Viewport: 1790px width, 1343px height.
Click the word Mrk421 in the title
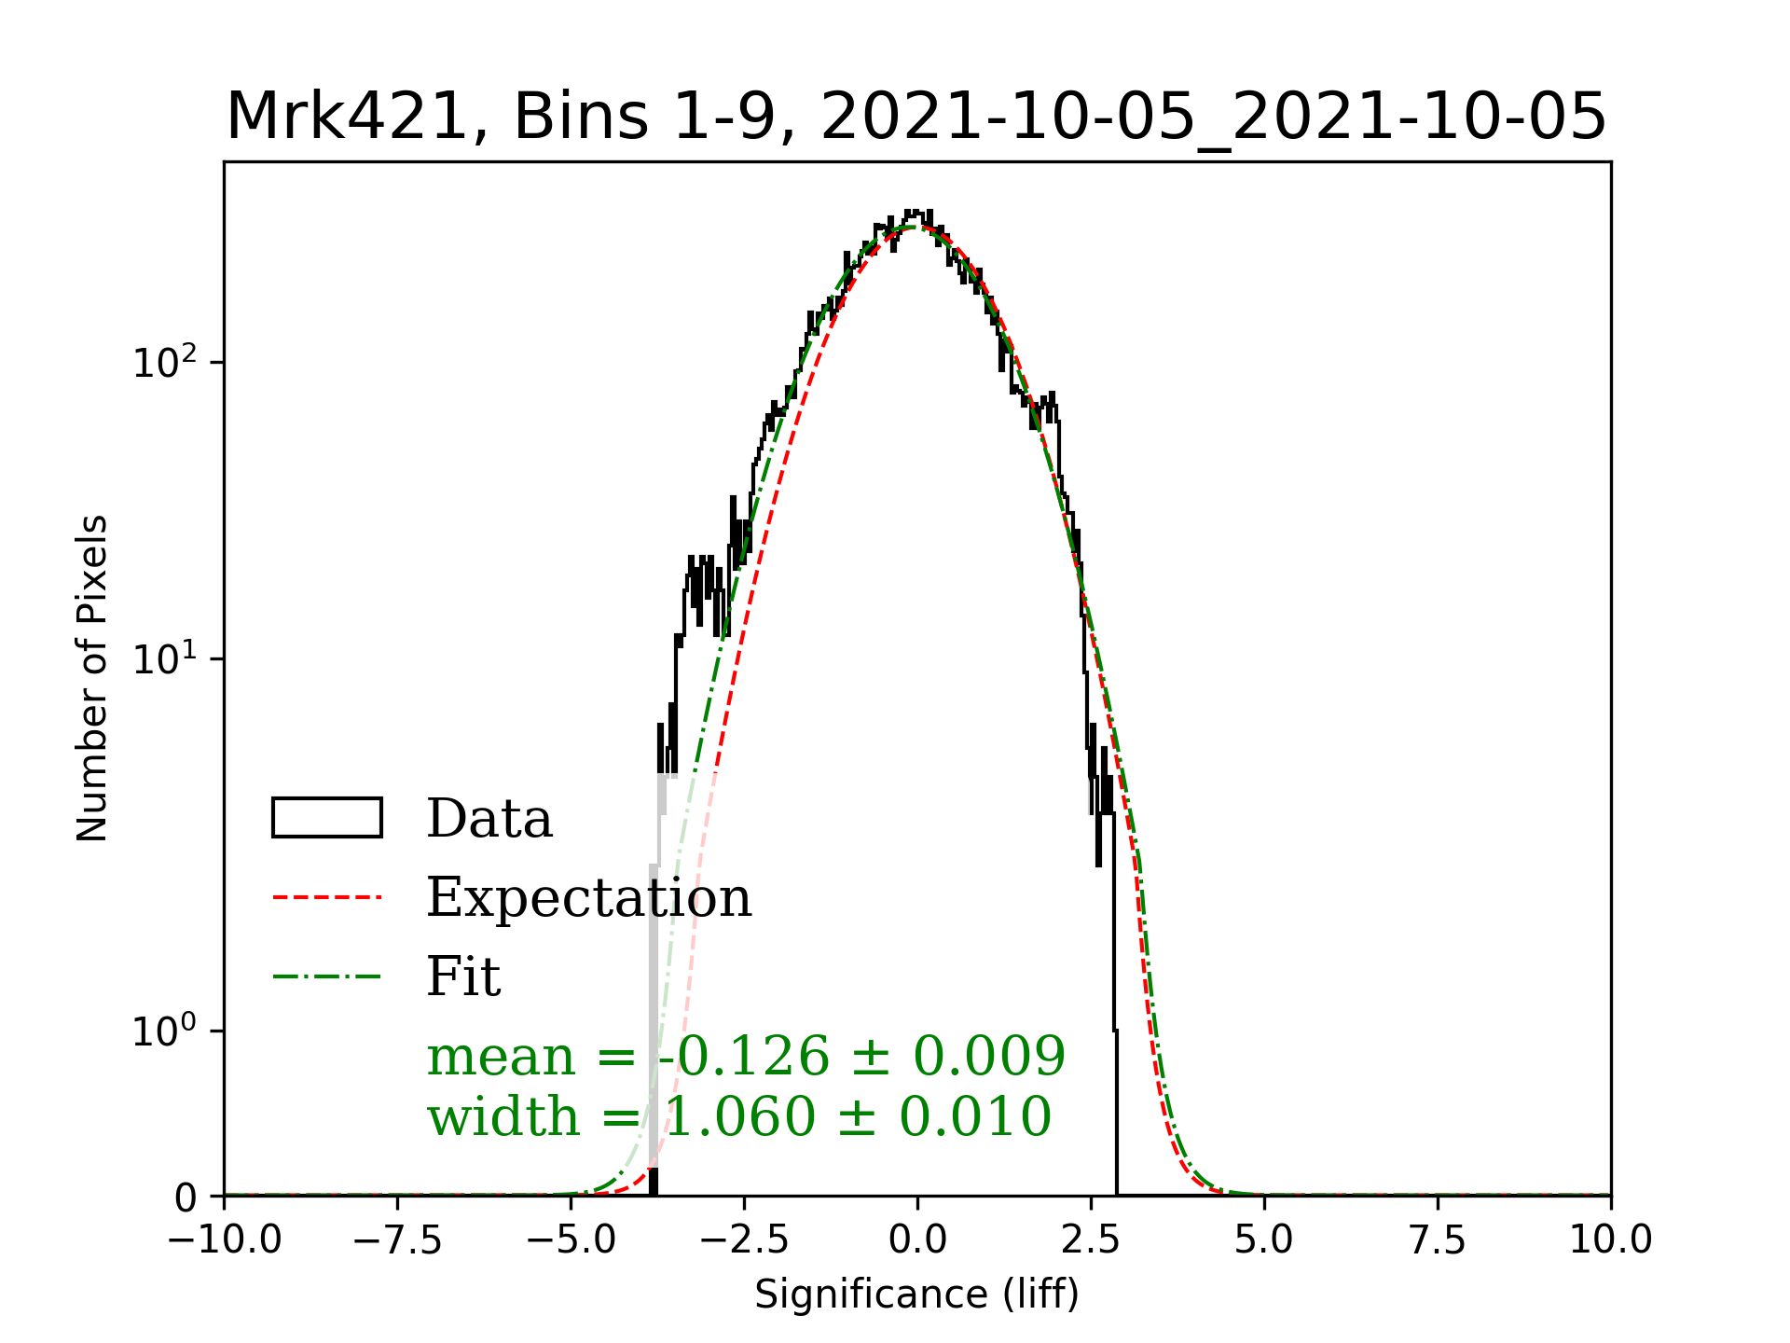tap(346, 118)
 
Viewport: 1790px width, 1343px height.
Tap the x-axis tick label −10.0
tap(225, 1240)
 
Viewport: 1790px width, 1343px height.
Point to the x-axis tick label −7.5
tap(398, 1240)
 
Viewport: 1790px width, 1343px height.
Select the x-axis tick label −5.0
tap(571, 1240)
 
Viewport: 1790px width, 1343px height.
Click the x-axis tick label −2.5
tap(744, 1240)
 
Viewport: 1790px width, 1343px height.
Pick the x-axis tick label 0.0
tap(917, 1240)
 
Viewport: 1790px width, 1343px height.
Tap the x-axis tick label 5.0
tap(1264, 1240)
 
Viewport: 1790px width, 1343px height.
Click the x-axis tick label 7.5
tap(1438, 1240)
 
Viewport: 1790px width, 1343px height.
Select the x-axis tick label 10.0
tap(1611, 1240)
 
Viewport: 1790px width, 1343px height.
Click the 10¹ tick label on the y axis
tap(165, 658)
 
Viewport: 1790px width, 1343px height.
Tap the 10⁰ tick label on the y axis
tap(165, 1031)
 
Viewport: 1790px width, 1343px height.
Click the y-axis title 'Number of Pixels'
tap(92, 678)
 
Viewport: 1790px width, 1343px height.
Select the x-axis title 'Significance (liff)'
tap(917, 1295)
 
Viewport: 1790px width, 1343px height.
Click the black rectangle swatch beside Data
tap(326, 818)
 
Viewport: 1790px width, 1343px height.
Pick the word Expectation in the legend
tap(588, 897)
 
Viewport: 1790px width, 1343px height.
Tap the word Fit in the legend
tap(463, 976)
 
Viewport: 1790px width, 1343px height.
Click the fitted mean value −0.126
tap(743, 1057)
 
